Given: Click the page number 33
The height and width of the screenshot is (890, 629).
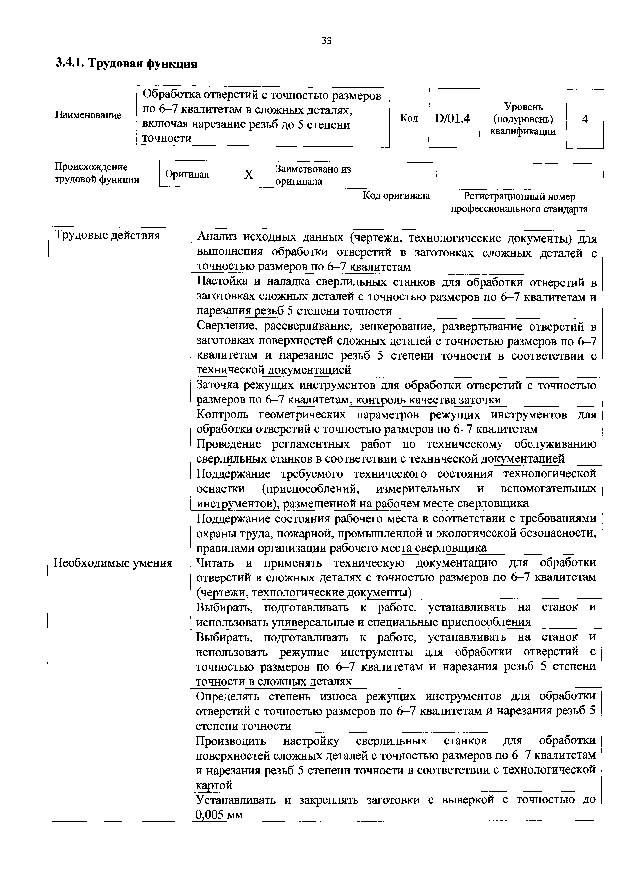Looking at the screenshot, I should pyautogui.click(x=326, y=40).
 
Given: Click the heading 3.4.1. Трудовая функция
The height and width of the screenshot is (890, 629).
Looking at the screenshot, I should pyautogui.click(x=126, y=63).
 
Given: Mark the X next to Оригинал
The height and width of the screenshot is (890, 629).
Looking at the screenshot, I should pyautogui.click(x=248, y=175).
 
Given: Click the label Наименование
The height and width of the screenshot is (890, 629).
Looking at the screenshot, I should pyautogui.click(x=88, y=115).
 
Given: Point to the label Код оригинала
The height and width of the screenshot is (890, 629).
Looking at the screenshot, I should pyautogui.click(x=396, y=196).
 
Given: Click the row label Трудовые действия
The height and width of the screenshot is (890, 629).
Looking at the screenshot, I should pyautogui.click(x=107, y=235).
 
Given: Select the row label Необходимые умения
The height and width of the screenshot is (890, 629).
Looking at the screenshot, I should pyautogui.click(x=113, y=563).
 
